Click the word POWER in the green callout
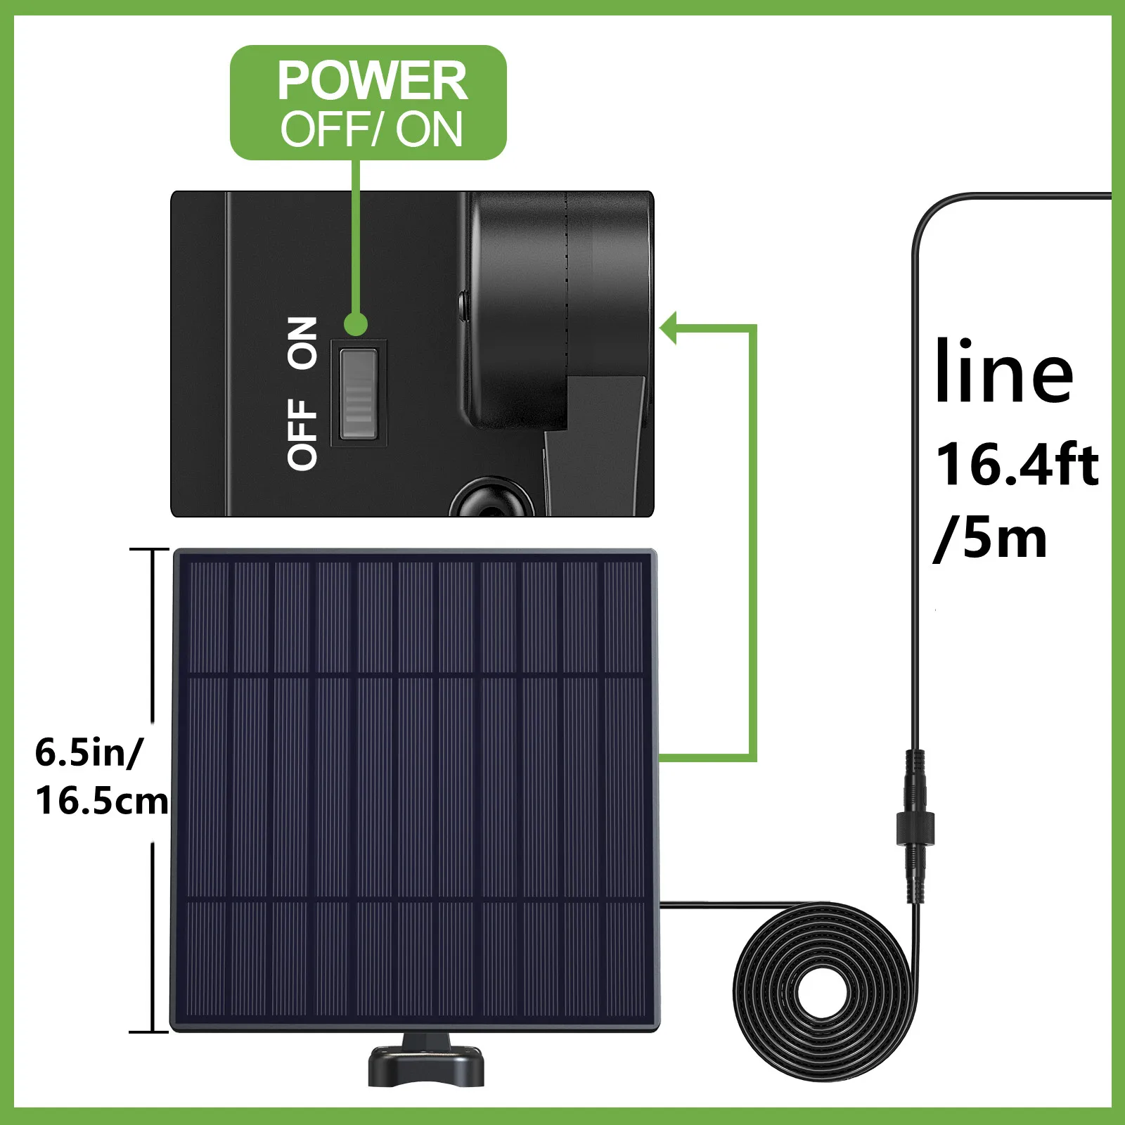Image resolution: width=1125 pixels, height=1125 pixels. click(371, 81)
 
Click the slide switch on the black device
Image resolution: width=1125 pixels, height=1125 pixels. click(359, 392)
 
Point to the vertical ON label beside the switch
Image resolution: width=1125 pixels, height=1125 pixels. click(302, 343)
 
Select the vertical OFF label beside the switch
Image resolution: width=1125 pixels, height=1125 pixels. click(302, 434)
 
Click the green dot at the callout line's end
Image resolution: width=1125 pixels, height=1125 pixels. click(356, 325)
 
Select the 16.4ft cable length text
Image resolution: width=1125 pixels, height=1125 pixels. click(1017, 464)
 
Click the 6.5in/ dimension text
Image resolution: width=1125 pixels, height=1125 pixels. click(89, 752)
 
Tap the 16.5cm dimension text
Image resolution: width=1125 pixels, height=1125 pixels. click(102, 801)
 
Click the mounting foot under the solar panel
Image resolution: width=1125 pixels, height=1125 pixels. click(426, 1065)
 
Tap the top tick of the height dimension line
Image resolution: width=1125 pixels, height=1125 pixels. click(150, 549)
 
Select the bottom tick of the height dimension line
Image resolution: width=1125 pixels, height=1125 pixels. click(150, 1031)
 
